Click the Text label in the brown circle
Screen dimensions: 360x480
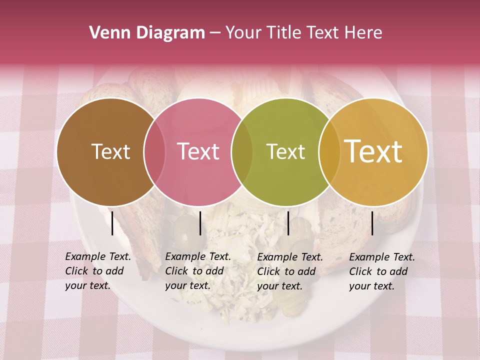point(110,152)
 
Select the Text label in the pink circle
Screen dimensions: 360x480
point(198,152)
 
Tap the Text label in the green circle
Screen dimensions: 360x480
point(285,152)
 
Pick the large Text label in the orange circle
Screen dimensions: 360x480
point(373,151)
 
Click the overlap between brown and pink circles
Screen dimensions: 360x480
point(154,152)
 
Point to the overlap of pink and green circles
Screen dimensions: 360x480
point(242,152)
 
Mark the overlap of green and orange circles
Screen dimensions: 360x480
point(329,152)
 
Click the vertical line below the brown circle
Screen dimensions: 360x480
point(112,223)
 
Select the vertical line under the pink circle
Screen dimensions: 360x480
point(200,223)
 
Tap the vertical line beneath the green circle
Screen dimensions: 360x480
point(288,223)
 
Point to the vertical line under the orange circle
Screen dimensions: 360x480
point(372,223)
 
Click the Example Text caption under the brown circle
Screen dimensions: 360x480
point(97,271)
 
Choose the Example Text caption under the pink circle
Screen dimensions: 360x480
point(197,271)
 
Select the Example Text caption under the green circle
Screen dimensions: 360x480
point(289,271)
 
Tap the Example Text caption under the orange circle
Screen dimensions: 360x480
point(381,271)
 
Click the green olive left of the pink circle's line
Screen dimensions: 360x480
point(182,228)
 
